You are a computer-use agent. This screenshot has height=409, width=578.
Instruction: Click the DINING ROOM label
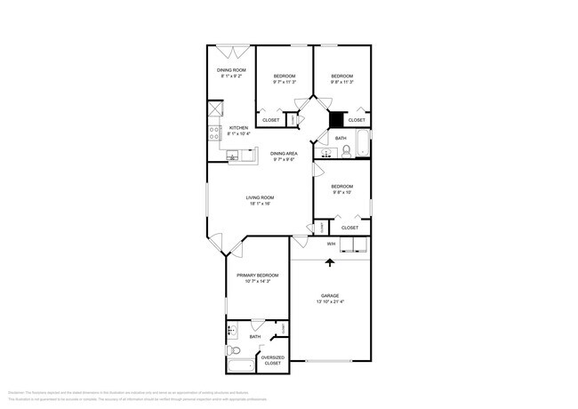(231, 69)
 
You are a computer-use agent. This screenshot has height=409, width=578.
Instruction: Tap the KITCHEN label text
(239, 127)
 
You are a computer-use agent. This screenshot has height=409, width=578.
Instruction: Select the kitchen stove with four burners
(214, 133)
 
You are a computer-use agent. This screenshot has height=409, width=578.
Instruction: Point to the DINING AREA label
(285, 154)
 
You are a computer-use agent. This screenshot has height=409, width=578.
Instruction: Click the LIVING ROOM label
(260, 197)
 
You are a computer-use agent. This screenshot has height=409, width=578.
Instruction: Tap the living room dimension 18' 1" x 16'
(260, 204)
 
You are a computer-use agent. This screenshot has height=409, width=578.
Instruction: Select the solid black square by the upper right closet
(336, 119)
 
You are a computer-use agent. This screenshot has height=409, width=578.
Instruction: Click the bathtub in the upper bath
(361, 142)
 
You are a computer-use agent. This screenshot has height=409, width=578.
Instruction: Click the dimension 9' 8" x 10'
(342, 192)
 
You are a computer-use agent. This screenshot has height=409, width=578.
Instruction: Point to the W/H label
(331, 244)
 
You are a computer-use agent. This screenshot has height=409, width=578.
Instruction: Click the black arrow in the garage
(331, 261)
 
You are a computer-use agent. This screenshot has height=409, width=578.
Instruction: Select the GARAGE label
(330, 295)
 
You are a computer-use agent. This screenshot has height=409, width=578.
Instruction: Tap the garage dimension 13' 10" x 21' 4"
(330, 301)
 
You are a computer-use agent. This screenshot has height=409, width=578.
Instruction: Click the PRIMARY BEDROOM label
(260, 276)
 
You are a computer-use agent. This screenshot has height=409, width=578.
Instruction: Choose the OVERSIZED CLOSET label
(272, 360)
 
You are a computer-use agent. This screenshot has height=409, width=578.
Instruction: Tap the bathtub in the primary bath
(239, 365)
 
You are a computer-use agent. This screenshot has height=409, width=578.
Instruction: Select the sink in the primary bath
(231, 333)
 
